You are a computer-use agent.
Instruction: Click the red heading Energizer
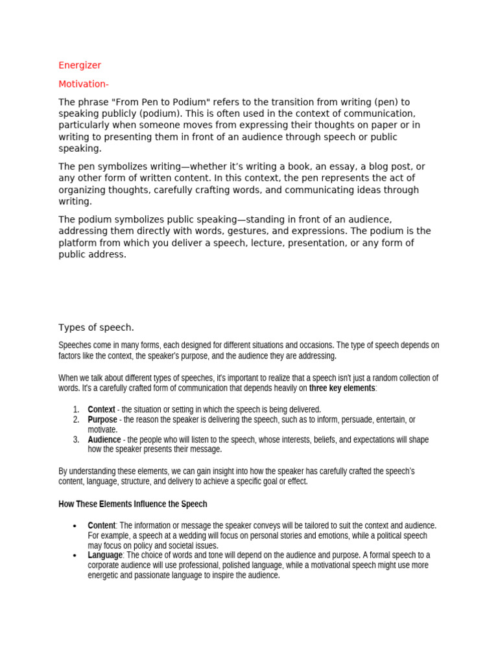tap(80, 65)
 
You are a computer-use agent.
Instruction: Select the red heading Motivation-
tap(84, 84)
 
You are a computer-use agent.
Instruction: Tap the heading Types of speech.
tap(96, 327)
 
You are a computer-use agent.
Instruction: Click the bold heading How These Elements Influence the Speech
tap(133, 504)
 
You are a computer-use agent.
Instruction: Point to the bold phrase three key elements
tap(342, 388)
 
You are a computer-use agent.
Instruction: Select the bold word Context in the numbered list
tap(101, 410)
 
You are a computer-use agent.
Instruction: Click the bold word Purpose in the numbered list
tap(102, 420)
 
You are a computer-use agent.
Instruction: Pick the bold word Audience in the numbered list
tap(104, 440)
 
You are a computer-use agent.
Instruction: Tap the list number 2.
tap(76, 420)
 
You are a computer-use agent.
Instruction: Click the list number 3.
tap(76, 440)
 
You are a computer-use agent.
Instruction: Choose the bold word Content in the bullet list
tap(101, 525)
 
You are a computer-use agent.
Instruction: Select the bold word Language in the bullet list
tap(104, 555)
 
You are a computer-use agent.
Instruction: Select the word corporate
tap(105, 565)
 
